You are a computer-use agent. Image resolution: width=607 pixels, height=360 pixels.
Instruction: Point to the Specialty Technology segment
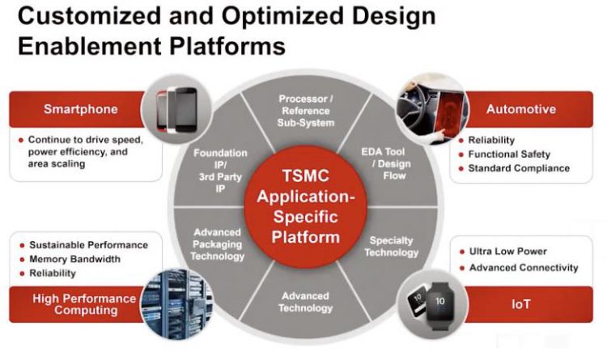coord(391,246)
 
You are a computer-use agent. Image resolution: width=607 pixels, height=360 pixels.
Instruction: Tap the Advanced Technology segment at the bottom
coord(305,302)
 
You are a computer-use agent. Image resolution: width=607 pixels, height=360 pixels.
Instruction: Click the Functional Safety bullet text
coord(509,155)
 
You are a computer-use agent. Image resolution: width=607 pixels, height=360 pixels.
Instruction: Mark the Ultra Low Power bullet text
coord(507,252)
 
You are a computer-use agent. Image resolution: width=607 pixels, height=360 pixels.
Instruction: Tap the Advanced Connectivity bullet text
coord(524,267)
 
